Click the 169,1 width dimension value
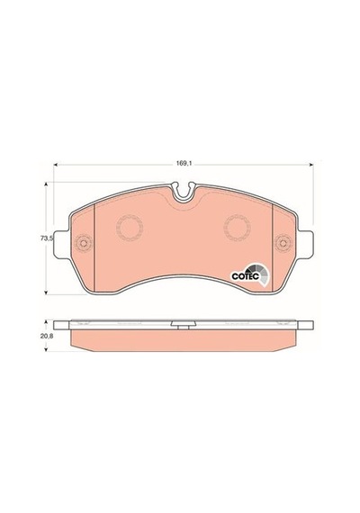[184, 163]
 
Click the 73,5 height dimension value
[47, 238]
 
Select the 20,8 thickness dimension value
[47, 335]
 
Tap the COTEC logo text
[245, 276]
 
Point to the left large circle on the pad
[130, 228]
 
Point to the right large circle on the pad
[237, 228]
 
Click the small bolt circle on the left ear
[84, 243]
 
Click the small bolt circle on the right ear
[283, 243]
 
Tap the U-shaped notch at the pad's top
[184, 193]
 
